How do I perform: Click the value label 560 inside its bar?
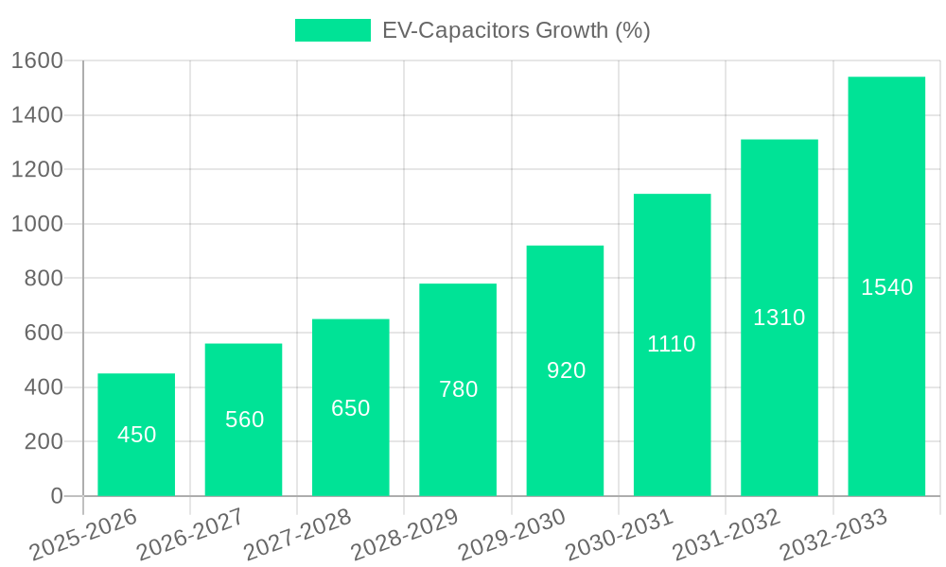pyautogui.click(x=244, y=420)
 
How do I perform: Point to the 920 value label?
pyautogui.click(x=566, y=370)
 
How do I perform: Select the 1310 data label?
pyautogui.click(x=779, y=318)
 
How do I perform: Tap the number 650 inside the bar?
pyautogui.click(x=350, y=408)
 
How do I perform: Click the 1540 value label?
pyautogui.click(x=886, y=287)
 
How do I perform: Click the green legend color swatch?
pyautogui.click(x=332, y=30)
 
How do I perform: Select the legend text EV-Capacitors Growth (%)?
pyautogui.click(x=516, y=30)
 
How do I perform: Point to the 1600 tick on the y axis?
pyautogui.click(x=37, y=60)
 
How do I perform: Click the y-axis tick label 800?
pyautogui.click(x=44, y=279)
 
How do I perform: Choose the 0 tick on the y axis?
pyautogui.click(x=56, y=496)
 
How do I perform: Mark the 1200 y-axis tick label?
pyautogui.click(x=37, y=170)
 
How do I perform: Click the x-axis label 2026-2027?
pyautogui.click(x=190, y=534)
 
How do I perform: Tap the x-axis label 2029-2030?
pyautogui.click(x=512, y=534)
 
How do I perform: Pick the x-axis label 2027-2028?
pyautogui.click(x=297, y=534)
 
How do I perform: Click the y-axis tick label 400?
pyautogui.click(x=44, y=387)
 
